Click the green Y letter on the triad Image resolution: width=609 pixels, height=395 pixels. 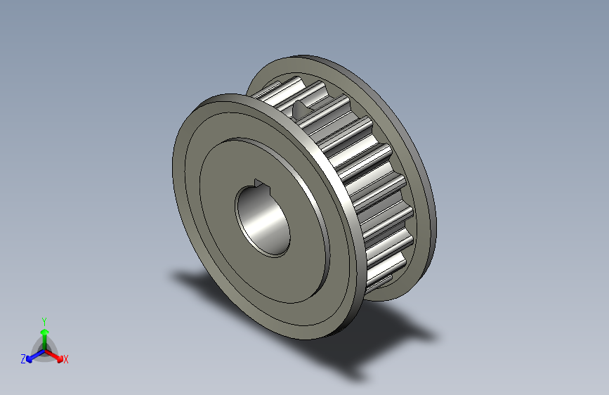[44, 320]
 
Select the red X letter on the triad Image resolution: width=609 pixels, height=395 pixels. [65, 359]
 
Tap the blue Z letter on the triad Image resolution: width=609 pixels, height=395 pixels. [23, 358]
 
